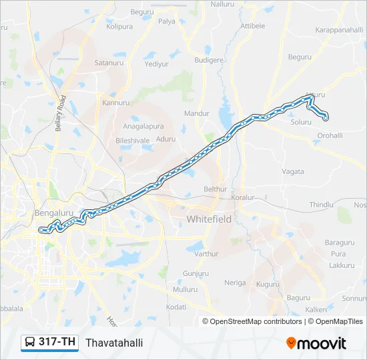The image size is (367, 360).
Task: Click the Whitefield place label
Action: click(209, 219)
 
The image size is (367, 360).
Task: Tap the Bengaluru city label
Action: click(53, 213)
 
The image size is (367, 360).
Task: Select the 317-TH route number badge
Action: click(57, 342)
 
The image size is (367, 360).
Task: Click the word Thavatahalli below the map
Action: click(114, 343)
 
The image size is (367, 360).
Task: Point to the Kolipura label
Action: click(119, 27)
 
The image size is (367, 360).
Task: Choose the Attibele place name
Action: click(252, 26)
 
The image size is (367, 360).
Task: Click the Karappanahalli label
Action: click(338, 31)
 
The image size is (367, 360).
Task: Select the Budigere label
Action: click(208, 60)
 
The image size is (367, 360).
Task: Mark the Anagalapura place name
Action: click(143, 125)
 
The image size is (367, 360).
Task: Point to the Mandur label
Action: click(197, 113)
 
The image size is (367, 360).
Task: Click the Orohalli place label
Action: click(330, 135)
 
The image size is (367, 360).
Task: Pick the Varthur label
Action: click(206, 254)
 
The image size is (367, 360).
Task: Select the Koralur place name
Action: click(243, 198)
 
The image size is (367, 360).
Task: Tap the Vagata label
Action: click(292, 171)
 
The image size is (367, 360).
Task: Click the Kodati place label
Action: click(176, 307)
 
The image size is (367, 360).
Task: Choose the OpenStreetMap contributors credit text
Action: click(255, 321)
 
